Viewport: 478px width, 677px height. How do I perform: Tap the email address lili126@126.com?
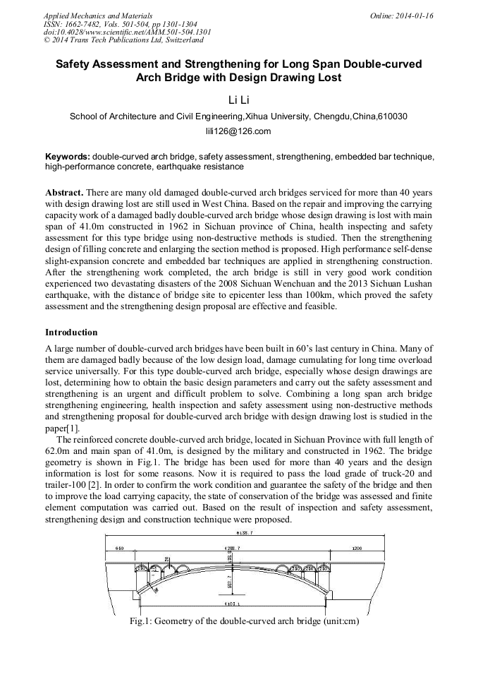[x=238, y=131]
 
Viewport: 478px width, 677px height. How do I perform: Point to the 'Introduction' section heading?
[x=71, y=332]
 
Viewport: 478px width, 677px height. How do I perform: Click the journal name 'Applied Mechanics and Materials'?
[x=97, y=15]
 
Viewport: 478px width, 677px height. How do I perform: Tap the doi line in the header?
[x=127, y=32]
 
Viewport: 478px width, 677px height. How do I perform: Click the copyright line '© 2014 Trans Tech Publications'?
[x=123, y=40]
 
